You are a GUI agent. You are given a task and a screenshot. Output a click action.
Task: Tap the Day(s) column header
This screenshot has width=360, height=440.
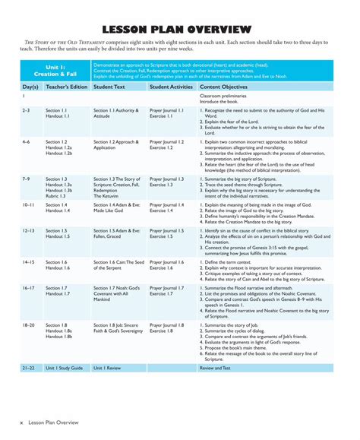tap(30, 87)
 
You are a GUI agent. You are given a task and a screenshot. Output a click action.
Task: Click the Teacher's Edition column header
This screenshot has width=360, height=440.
tap(67, 87)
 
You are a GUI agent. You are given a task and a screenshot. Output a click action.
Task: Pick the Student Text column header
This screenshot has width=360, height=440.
tap(109, 87)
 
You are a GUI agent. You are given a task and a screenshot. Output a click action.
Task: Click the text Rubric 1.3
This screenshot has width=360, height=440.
tap(58, 195)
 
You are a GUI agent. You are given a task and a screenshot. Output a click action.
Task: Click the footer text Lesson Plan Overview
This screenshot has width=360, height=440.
tap(54, 420)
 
